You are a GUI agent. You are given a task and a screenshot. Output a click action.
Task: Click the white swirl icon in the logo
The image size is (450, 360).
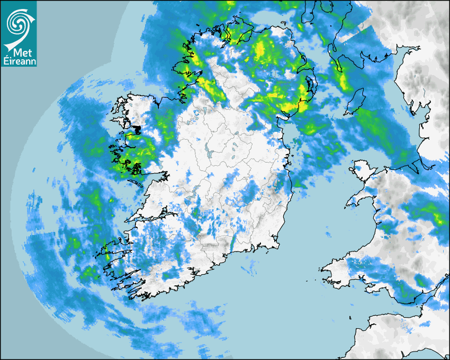[x=18, y=22]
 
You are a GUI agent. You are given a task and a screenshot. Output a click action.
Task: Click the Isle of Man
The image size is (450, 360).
[x=355, y=102]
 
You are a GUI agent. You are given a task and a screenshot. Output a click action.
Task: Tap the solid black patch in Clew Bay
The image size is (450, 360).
[x=137, y=129]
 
